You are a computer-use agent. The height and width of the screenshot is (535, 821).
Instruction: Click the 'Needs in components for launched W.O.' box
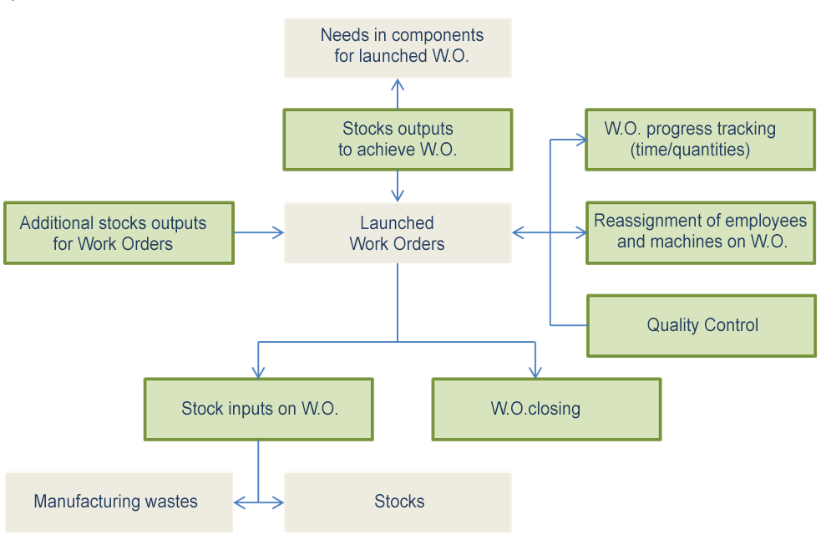point(398,48)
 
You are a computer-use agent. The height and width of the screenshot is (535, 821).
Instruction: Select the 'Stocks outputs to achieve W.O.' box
point(398,140)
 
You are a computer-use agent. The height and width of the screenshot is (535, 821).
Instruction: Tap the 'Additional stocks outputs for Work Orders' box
point(119,233)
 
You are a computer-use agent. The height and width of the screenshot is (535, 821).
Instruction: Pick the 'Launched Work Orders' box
point(398,233)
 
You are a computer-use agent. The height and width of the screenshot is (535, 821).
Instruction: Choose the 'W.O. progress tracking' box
point(700,140)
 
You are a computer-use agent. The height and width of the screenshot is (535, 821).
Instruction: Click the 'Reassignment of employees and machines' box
point(701,232)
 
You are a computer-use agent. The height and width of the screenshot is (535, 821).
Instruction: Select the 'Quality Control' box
point(702,325)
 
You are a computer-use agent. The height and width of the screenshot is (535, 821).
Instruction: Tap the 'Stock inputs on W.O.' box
point(259,409)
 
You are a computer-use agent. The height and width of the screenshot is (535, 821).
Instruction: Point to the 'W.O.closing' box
point(546,409)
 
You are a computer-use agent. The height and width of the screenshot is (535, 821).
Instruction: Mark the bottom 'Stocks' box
point(398,502)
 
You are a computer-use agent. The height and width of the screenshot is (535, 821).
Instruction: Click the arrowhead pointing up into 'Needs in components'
point(398,84)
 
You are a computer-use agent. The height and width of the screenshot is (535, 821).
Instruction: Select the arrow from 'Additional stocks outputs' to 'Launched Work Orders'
point(259,233)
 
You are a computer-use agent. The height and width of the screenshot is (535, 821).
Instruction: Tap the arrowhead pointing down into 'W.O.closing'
point(535,372)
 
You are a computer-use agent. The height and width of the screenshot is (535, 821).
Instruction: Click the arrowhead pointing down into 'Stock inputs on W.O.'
point(258,372)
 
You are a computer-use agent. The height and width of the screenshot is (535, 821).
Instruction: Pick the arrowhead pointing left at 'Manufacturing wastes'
point(240,502)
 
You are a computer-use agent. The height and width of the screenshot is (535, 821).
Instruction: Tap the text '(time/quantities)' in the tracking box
point(690,150)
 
